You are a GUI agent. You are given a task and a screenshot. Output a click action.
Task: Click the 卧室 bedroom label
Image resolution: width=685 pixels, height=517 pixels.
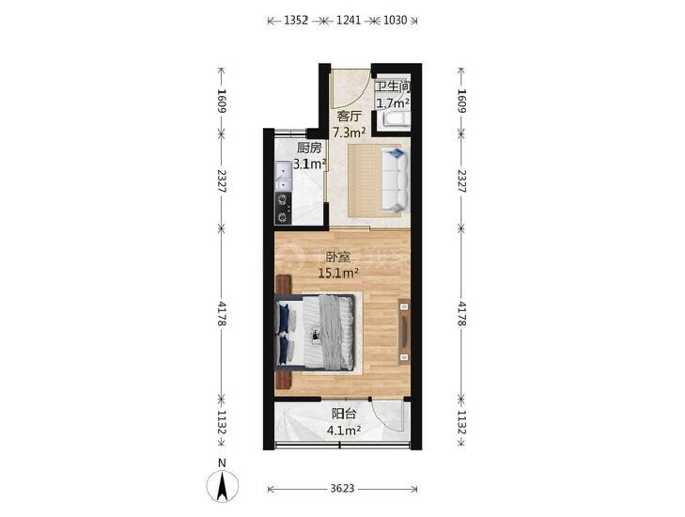pos(338,257)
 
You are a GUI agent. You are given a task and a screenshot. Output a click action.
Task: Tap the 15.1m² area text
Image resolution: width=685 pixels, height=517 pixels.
pos(338,274)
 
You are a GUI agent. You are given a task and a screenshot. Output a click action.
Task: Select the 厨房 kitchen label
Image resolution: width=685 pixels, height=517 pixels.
pos(309,148)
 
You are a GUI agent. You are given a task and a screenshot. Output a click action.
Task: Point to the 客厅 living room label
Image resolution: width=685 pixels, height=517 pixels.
pos(350,116)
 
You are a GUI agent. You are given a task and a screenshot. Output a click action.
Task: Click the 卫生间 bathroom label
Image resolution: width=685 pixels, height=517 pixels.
pos(393,86)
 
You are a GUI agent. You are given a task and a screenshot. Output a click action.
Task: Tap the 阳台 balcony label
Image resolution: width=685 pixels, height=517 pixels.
pos(344,414)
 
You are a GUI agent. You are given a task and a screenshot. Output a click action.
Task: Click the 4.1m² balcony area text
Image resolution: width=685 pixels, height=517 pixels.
pos(344,431)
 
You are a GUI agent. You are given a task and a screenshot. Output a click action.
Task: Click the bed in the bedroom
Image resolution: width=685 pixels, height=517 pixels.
pos(314,332)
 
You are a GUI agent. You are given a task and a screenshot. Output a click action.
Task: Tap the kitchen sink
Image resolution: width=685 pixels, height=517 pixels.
pos(283,176)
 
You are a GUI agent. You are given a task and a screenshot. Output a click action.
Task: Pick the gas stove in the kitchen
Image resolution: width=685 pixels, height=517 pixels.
pos(283,209)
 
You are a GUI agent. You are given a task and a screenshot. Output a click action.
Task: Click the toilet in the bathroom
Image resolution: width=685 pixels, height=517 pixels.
pos(396,119)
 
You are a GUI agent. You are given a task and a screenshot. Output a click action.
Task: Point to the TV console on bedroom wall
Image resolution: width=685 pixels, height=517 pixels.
pos(404,332)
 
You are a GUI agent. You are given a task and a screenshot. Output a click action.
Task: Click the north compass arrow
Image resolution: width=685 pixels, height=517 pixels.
pos(223,486)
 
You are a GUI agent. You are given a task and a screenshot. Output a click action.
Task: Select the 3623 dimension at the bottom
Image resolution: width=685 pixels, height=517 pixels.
pos(342,489)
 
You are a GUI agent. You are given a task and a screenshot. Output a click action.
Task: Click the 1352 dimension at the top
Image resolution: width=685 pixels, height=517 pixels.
pos(296,20)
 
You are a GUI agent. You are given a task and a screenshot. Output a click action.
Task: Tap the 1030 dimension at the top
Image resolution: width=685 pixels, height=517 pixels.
pos(395,20)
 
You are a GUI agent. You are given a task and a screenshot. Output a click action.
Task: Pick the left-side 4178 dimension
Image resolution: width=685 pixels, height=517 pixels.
pos(222,313)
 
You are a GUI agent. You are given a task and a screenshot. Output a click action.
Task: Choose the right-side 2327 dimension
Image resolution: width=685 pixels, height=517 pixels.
pos(461,180)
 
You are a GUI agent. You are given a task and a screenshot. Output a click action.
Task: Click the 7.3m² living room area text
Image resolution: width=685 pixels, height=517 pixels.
pos(349,132)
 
